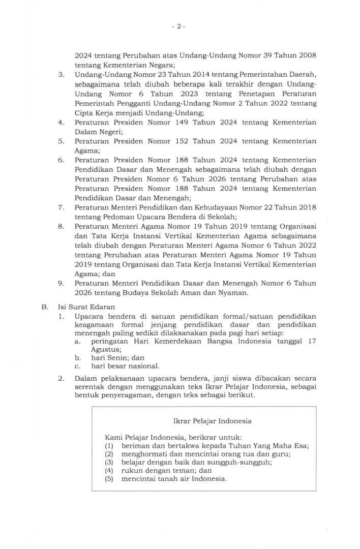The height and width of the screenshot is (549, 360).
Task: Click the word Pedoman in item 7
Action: point(109,216)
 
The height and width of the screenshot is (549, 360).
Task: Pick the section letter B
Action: point(45,308)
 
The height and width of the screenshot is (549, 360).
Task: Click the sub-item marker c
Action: point(76,365)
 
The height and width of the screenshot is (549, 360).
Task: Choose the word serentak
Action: point(89,387)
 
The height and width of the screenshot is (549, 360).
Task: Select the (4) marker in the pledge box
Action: point(108,470)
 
